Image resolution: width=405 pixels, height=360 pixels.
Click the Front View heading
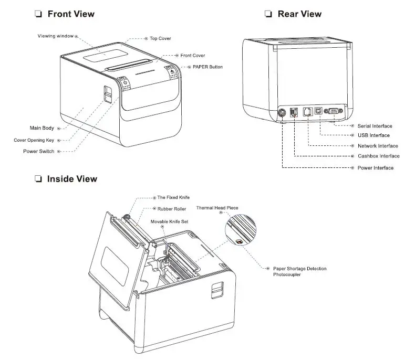point(71,14)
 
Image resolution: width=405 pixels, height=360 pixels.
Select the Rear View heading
point(299,14)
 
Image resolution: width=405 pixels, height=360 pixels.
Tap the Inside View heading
point(72,179)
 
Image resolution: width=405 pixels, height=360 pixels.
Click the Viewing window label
point(55,36)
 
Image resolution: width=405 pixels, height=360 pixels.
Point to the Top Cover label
point(160,38)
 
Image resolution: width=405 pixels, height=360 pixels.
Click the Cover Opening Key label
point(34,140)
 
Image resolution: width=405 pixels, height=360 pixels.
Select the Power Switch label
point(38,151)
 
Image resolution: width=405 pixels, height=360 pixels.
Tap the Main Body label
point(41,128)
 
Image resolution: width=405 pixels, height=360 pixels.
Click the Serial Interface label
point(375,126)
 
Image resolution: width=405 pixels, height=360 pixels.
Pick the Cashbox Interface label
point(378,156)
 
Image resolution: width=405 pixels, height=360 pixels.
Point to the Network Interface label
point(378,146)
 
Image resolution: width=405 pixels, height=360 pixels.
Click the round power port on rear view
point(282,112)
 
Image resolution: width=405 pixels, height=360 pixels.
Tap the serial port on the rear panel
point(333,111)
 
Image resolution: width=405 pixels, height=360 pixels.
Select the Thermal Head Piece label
point(217,208)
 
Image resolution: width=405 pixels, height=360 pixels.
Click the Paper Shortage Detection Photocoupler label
point(299,272)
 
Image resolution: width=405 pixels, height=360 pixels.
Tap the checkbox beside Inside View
point(38,179)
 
